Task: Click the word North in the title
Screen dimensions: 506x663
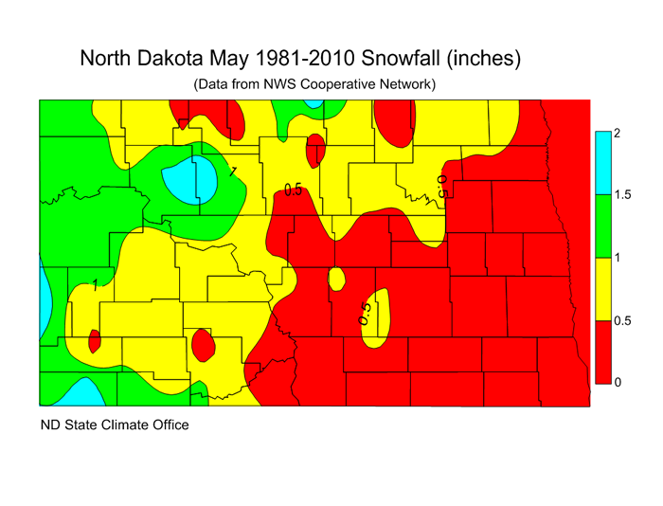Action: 110,59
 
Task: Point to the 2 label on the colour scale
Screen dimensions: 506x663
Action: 617,133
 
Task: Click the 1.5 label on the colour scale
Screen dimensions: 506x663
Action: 622,194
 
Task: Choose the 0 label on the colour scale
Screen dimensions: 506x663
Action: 617,382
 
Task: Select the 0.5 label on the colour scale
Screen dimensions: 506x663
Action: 622,321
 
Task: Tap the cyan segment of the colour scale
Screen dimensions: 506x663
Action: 601,163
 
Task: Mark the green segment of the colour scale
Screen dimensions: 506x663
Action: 601,226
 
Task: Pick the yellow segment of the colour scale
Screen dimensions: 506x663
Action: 601,288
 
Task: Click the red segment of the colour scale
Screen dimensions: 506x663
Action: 601,351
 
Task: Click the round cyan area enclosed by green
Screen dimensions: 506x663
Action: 189,180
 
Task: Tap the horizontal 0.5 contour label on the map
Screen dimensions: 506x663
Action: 294,190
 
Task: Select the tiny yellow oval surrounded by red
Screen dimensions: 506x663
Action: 335,280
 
